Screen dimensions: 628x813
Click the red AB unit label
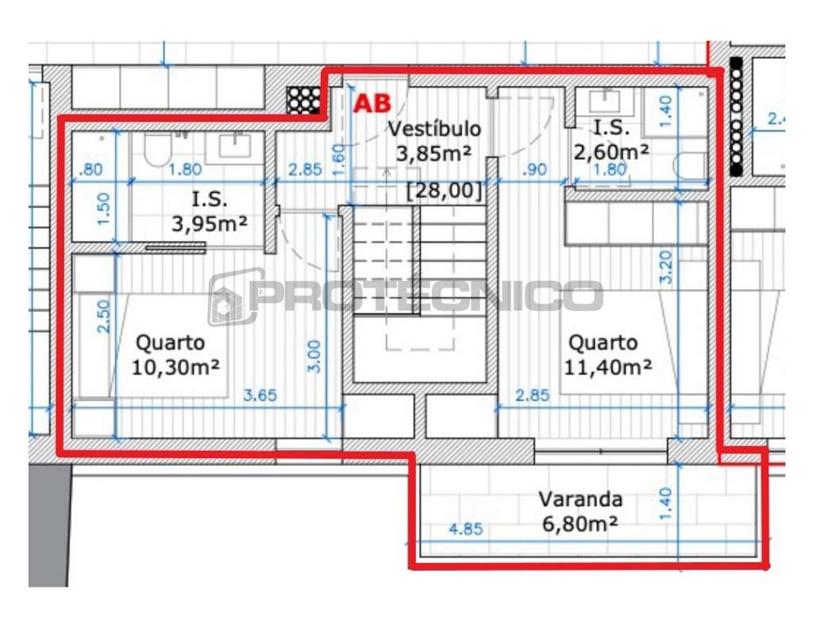coord(372,104)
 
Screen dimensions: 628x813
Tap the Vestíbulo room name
coord(433,129)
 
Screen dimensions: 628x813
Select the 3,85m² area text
coord(433,153)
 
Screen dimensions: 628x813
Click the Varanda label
coord(580,500)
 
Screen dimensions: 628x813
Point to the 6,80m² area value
coord(580,524)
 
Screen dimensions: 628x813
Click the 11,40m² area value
coord(608,367)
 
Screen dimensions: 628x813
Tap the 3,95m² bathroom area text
coord(209,225)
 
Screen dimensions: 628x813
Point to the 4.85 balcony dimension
coord(466,530)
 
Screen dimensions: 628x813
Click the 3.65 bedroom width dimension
coord(260,395)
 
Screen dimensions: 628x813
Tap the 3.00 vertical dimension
coord(314,356)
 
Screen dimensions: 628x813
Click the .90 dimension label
coord(537,168)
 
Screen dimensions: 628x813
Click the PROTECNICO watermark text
coord(425,296)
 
